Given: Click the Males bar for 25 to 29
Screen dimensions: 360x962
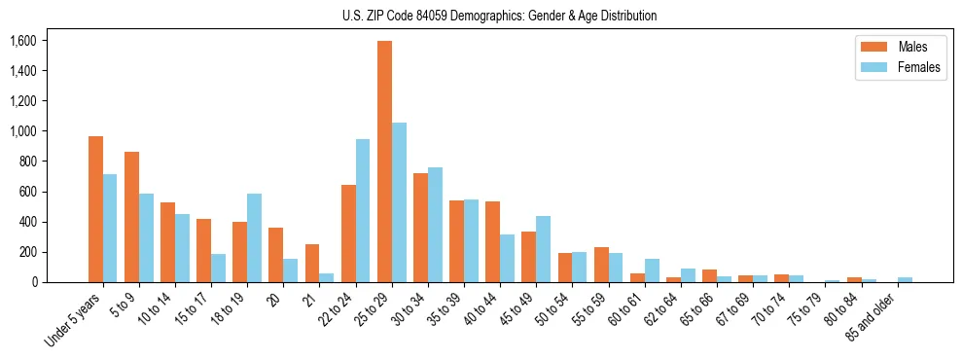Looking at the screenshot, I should pos(384,162).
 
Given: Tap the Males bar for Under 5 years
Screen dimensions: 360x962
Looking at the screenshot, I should pos(95,209).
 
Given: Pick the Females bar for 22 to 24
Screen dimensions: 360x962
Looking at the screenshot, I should pos(363,210).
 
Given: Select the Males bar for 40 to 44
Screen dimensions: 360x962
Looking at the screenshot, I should pos(492,241).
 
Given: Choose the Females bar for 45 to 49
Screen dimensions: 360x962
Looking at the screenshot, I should pos(543,249).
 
